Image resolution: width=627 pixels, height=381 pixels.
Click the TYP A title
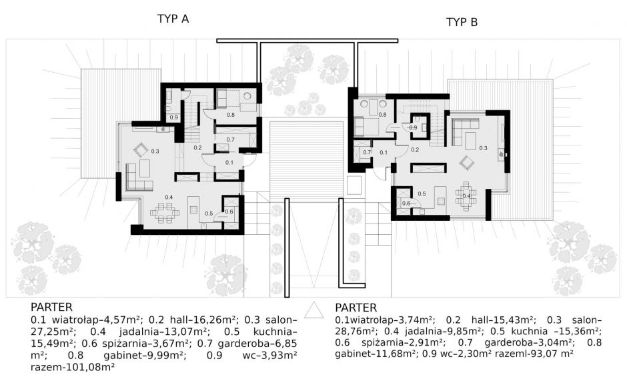173,19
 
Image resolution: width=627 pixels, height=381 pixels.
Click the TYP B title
462,22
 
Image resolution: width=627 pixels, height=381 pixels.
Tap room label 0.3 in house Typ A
155,151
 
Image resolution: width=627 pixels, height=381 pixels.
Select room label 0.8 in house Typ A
231,115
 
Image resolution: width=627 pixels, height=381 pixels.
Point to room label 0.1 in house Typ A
229,163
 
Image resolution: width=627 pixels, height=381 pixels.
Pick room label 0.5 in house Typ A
209,214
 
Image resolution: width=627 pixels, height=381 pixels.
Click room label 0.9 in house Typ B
413,127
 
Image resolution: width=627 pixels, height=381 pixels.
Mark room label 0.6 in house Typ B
406,204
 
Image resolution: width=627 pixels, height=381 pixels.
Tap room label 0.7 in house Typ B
367,153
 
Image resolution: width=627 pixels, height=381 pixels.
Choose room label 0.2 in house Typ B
415,150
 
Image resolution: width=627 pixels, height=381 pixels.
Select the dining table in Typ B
466,196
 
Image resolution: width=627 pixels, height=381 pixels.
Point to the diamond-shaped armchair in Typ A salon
140,150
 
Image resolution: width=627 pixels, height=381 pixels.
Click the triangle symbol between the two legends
314,310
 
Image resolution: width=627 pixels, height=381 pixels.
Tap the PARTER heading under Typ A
51,308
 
